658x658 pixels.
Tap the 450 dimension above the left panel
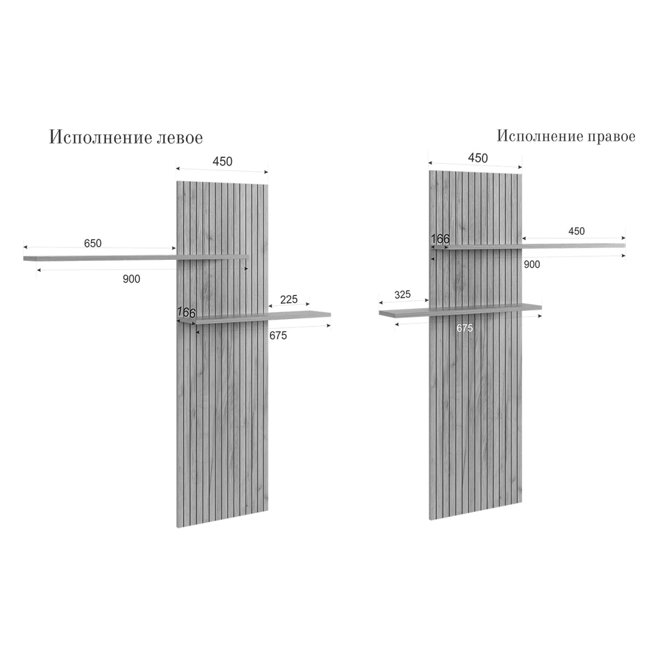pos(223,161)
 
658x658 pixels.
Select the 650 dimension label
pos(93,243)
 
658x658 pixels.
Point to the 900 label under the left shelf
pos(132,279)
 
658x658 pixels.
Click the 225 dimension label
pos(289,299)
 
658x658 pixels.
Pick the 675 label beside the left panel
pos(278,336)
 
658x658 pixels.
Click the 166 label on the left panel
pos(186,313)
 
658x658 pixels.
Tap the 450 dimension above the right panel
pos(478,158)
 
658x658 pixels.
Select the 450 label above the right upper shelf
pos(576,231)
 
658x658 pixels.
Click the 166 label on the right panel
pos(440,239)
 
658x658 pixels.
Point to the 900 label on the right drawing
pos(532,265)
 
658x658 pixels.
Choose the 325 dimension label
pos(402,294)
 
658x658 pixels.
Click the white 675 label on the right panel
pos(464,328)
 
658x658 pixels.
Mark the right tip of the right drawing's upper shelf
pos(624,245)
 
